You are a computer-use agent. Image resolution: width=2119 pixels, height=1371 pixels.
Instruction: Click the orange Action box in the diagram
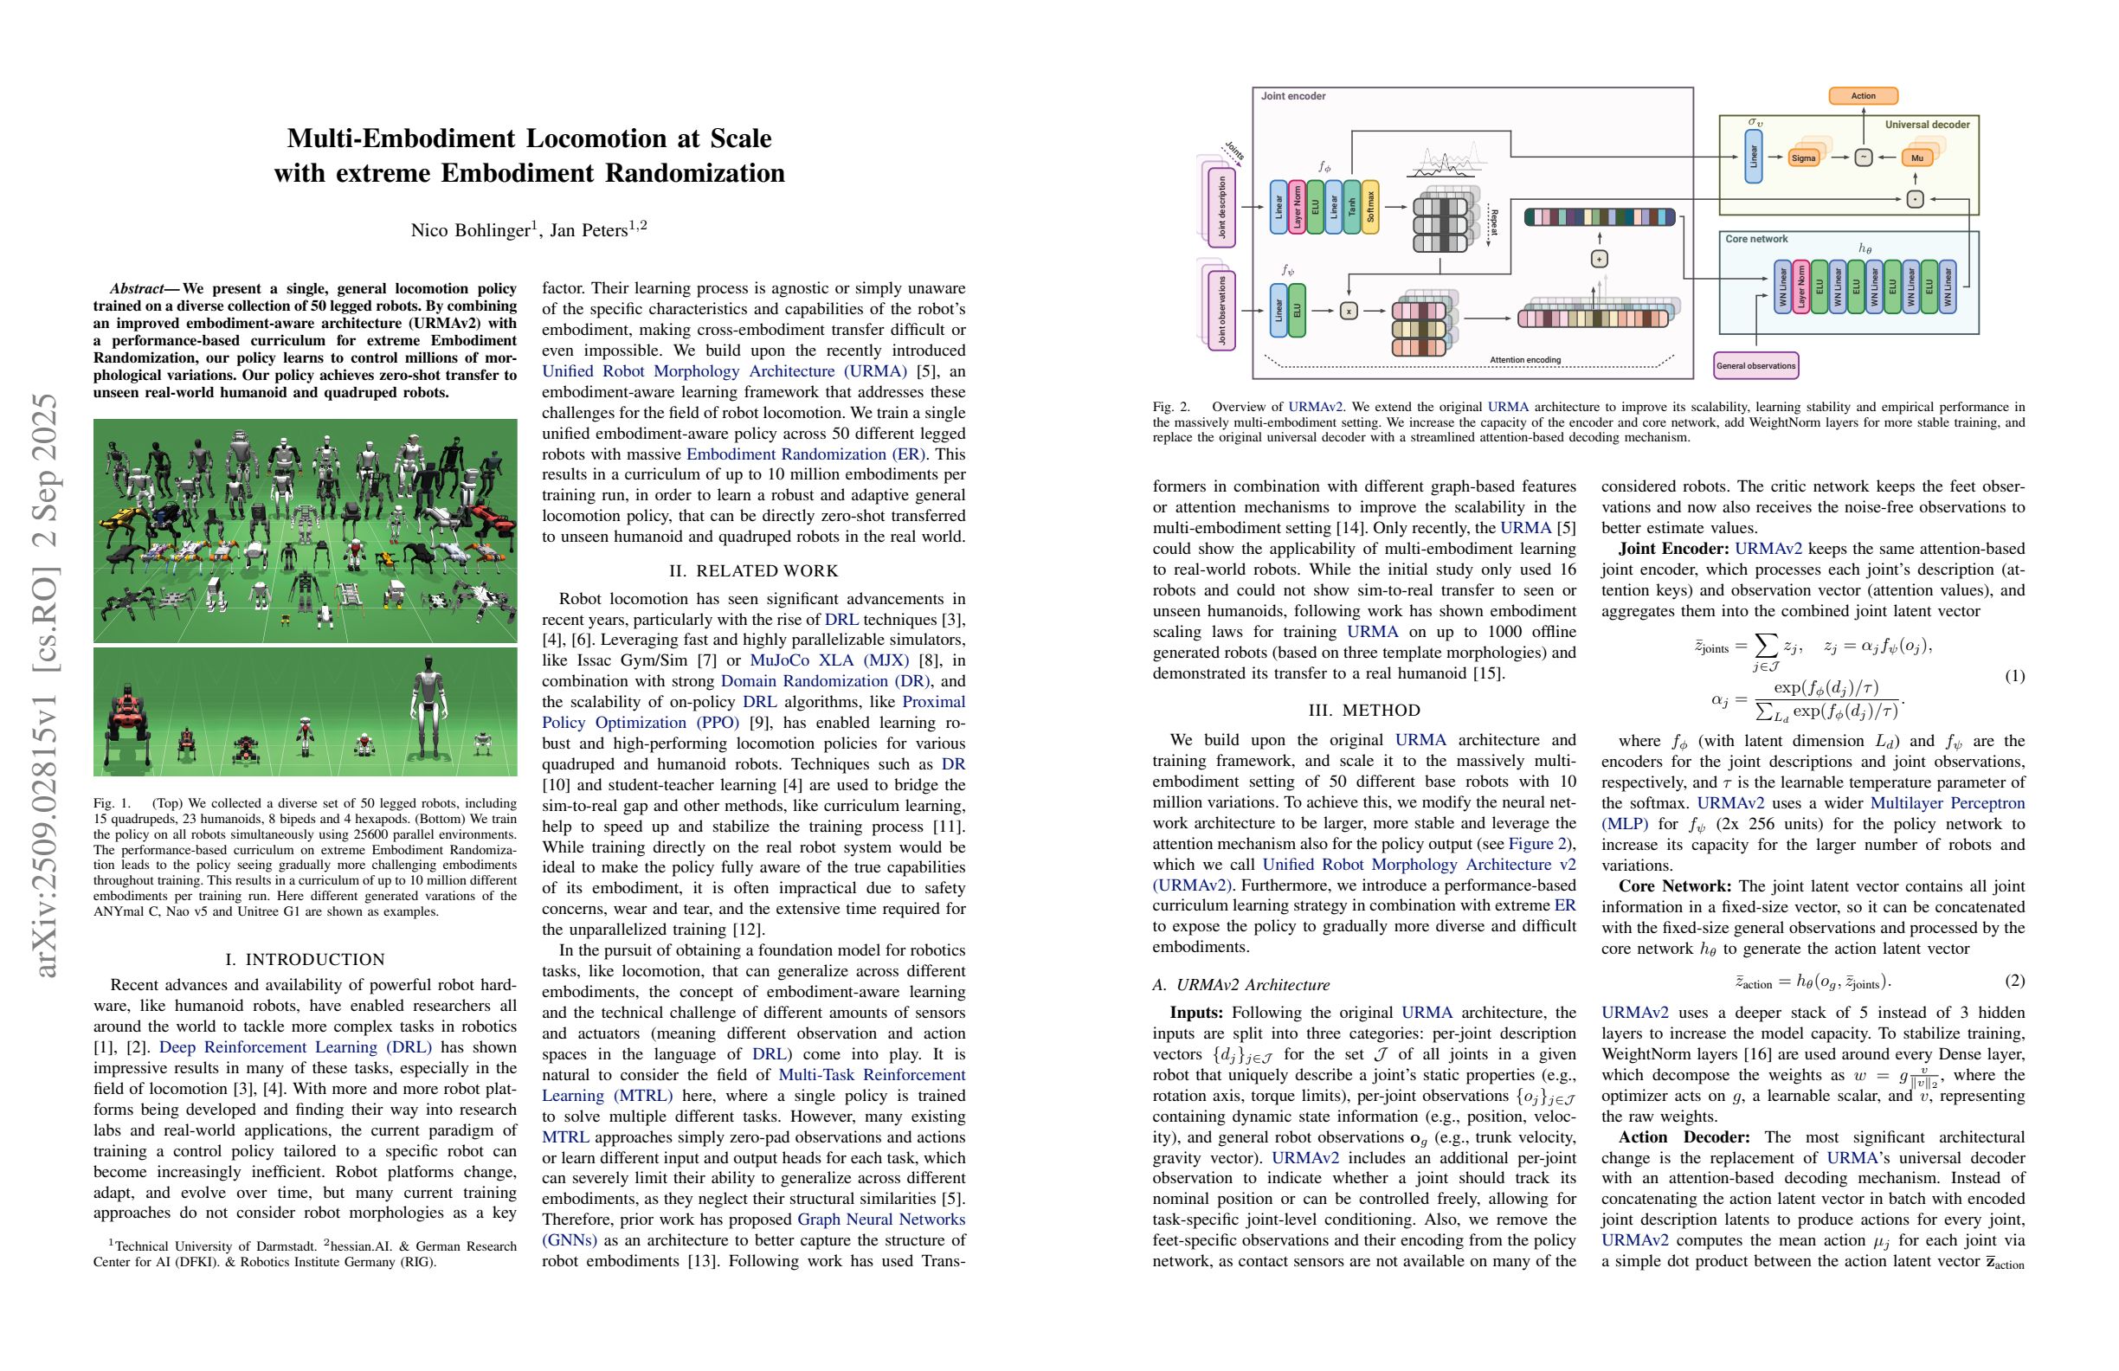[x=1863, y=96]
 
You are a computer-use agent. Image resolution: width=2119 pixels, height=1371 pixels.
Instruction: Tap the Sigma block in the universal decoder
[x=1803, y=158]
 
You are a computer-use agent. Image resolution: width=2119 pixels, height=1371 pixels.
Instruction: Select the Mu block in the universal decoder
[x=1917, y=158]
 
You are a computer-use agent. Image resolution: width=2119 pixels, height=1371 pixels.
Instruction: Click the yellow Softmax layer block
[x=1370, y=208]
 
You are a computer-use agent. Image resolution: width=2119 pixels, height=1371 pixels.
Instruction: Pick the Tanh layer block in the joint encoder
[x=1351, y=208]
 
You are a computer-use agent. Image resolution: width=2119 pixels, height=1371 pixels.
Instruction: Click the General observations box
[x=1755, y=366]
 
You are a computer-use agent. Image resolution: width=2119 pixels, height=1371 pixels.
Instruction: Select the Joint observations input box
[x=1221, y=311]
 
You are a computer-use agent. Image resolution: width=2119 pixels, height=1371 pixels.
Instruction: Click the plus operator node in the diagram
[x=1599, y=259]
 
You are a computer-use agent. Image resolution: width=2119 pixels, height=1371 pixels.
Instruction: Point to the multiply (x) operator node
[x=1349, y=311]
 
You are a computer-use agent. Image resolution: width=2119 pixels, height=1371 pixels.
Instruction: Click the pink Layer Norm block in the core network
[x=1800, y=286]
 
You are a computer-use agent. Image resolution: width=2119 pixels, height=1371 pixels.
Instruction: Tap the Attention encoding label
[x=1525, y=360]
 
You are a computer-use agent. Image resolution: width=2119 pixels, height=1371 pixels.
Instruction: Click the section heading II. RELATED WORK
[x=753, y=570]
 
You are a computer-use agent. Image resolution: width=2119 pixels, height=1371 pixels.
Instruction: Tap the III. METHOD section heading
[x=1364, y=711]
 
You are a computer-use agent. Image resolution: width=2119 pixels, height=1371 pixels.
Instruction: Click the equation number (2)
[x=2014, y=980]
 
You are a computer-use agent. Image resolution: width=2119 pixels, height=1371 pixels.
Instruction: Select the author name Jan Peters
[x=589, y=230]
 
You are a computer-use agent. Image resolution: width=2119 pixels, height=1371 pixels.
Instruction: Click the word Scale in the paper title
[x=741, y=138]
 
